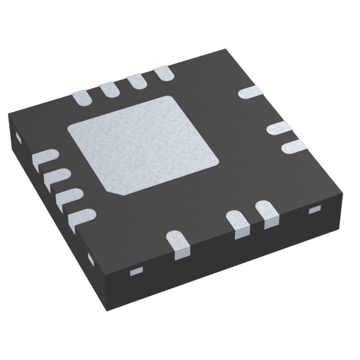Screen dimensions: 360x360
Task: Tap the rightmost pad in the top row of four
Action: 163,73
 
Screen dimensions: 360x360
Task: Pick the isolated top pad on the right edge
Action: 249,92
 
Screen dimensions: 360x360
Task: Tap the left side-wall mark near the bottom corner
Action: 91,259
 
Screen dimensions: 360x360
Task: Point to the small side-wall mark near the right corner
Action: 314,210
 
